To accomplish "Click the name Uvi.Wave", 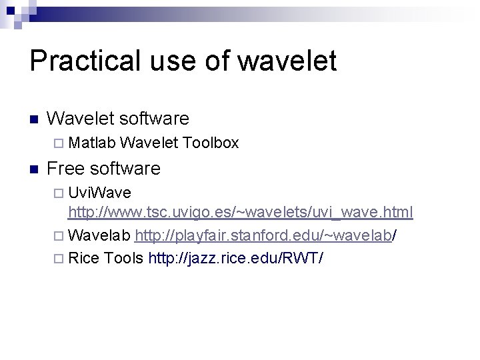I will coord(100,193).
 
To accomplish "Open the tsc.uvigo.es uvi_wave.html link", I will coord(241,213).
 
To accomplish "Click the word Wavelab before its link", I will coord(99,235).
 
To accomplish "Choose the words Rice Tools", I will coord(106,257).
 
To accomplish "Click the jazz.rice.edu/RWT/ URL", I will coord(235,257).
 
